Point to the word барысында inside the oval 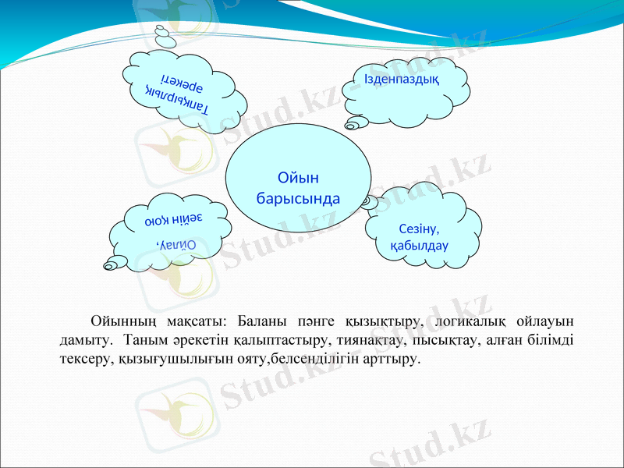coord(298,197)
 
